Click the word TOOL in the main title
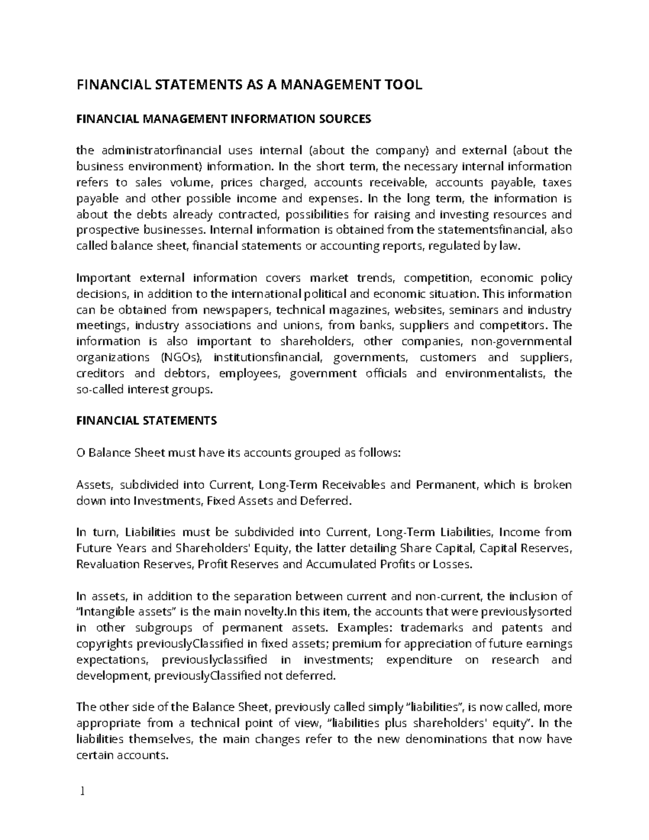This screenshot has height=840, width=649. click(403, 85)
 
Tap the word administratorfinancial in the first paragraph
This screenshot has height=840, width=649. click(162, 150)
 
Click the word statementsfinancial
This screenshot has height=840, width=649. click(486, 230)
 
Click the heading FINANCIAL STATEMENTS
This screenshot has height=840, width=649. click(147, 421)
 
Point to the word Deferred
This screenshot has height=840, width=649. click(323, 501)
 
